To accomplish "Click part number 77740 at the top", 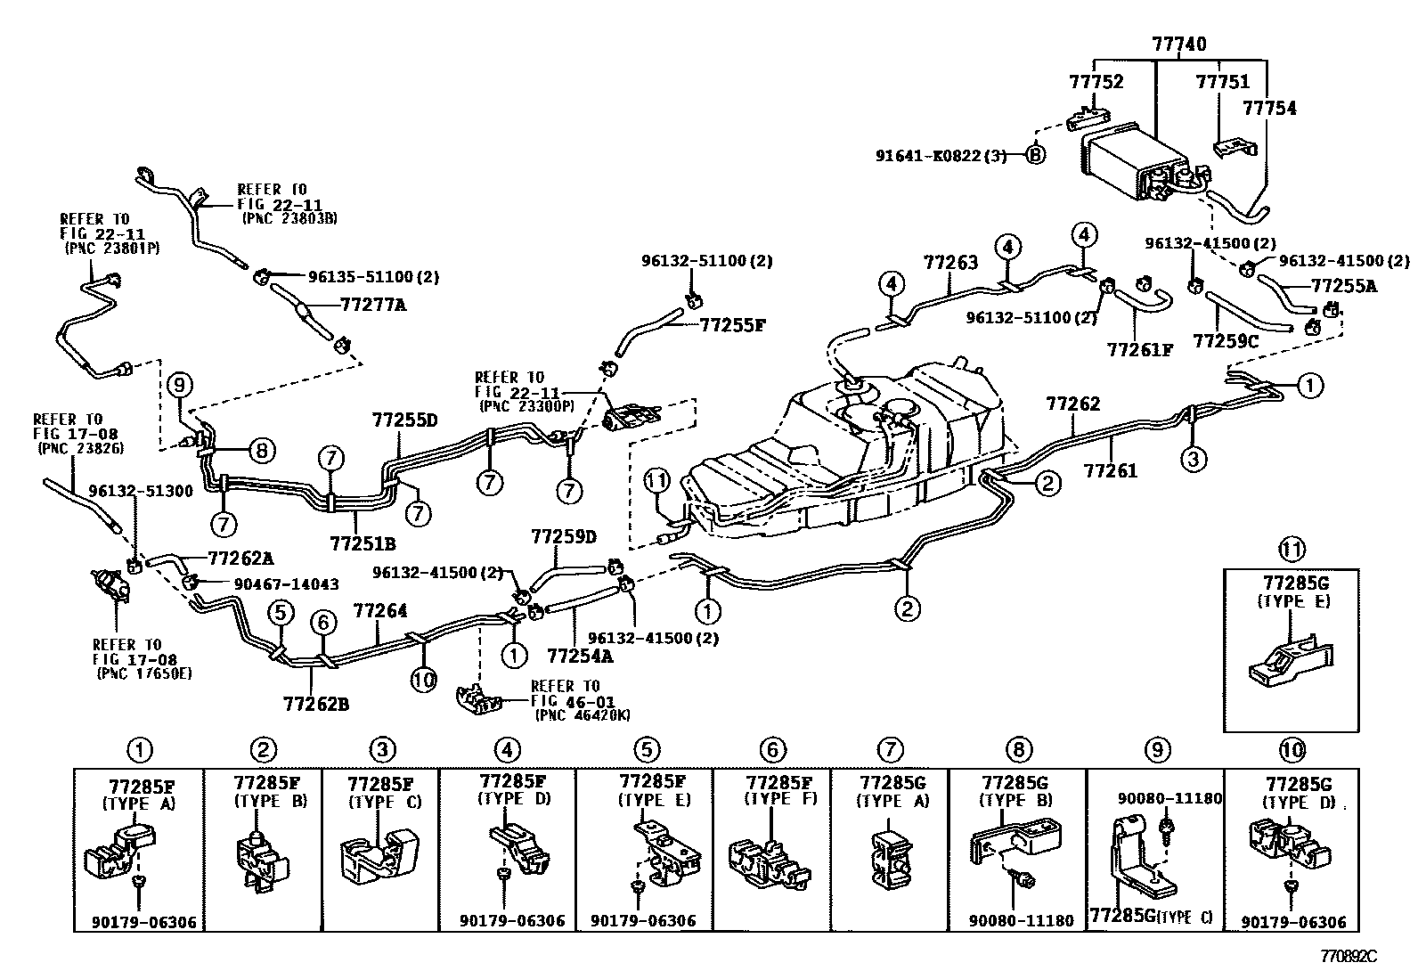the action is pos(1178,45).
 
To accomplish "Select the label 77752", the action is pos(1096,82).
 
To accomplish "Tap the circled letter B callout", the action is pos(1035,154).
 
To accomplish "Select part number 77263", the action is pos(950,262).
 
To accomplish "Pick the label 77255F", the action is pos(732,325).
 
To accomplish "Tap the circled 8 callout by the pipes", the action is pos(262,451).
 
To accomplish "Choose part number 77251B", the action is pos(363,543).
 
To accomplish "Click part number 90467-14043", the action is pos(286,583).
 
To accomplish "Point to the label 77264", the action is pos(379,610).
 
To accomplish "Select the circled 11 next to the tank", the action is pos(656,481).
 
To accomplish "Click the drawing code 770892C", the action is pos(1348,956).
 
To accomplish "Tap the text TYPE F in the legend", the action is pos(780,799).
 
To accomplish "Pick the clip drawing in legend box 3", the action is pos(379,855).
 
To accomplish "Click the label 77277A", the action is pos(373,306).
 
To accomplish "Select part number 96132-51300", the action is pos(141,492).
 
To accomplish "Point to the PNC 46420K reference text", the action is pos(583,715).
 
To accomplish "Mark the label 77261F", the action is pos(1139,349).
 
